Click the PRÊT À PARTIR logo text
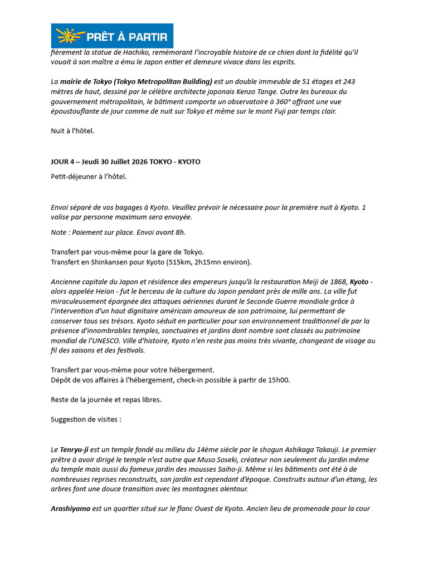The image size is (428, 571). point(127,37)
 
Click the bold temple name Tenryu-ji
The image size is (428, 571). point(74,449)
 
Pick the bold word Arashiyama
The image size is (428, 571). point(71,509)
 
